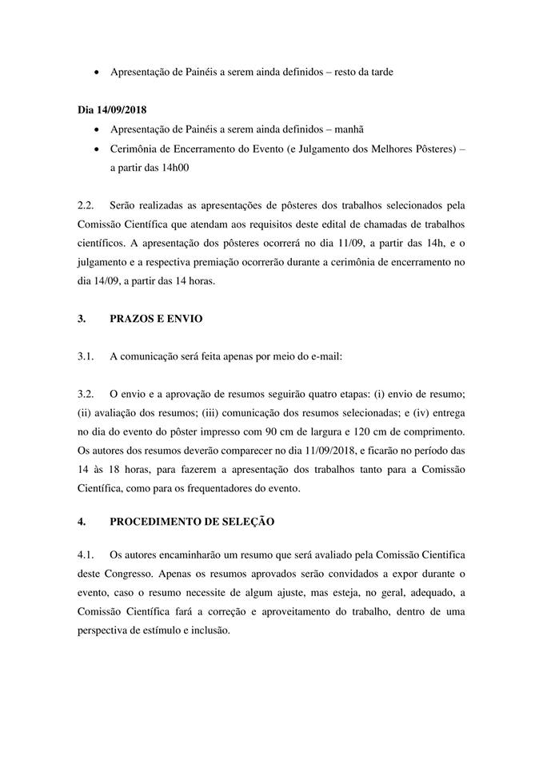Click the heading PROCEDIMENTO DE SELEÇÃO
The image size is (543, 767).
[x=192, y=521]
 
